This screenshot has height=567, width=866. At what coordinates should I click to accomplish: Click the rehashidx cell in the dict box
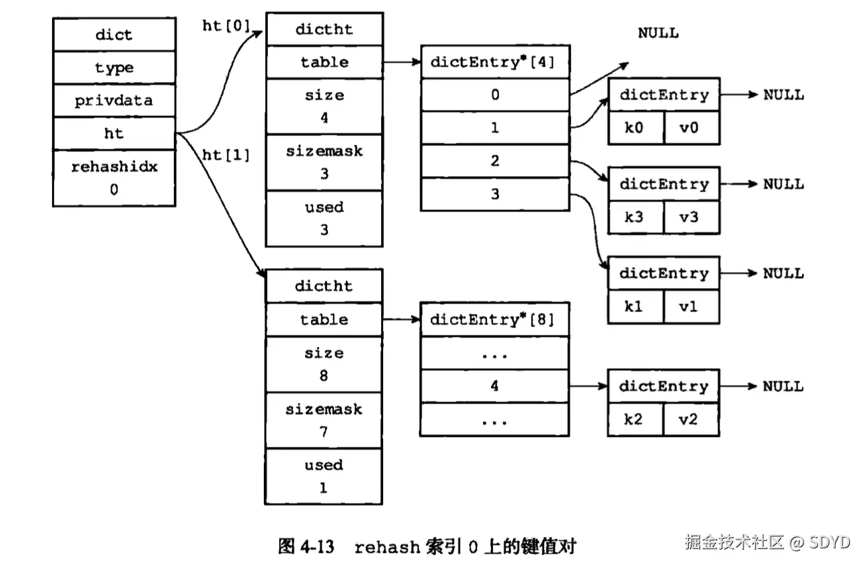point(114,177)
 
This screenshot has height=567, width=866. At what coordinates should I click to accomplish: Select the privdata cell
point(114,101)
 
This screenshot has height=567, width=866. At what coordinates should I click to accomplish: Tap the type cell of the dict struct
point(114,68)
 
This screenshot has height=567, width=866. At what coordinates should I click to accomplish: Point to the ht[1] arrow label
point(226,155)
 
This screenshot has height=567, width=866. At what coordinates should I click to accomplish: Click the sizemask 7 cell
point(324,420)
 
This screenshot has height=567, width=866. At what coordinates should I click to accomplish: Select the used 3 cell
point(324,218)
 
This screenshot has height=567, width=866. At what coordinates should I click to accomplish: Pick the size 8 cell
point(324,364)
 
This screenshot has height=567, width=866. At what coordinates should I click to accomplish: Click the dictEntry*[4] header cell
point(494,63)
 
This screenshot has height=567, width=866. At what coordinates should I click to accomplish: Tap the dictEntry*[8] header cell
point(494,320)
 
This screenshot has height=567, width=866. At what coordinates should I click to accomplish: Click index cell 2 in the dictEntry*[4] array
point(494,161)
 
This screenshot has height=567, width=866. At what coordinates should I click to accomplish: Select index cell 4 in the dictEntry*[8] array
point(494,386)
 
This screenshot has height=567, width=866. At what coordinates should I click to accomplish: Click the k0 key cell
point(636,127)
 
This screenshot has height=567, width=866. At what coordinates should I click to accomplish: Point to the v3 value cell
point(691,217)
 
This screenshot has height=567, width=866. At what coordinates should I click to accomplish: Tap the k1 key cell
point(636,307)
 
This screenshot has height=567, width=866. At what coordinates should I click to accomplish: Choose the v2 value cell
point(691,420)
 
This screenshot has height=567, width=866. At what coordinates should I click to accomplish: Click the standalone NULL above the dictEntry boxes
point(658,33)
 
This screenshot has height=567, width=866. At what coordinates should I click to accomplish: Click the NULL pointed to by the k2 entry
point(783,386)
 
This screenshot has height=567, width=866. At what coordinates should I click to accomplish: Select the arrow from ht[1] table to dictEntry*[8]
point(401,320)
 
